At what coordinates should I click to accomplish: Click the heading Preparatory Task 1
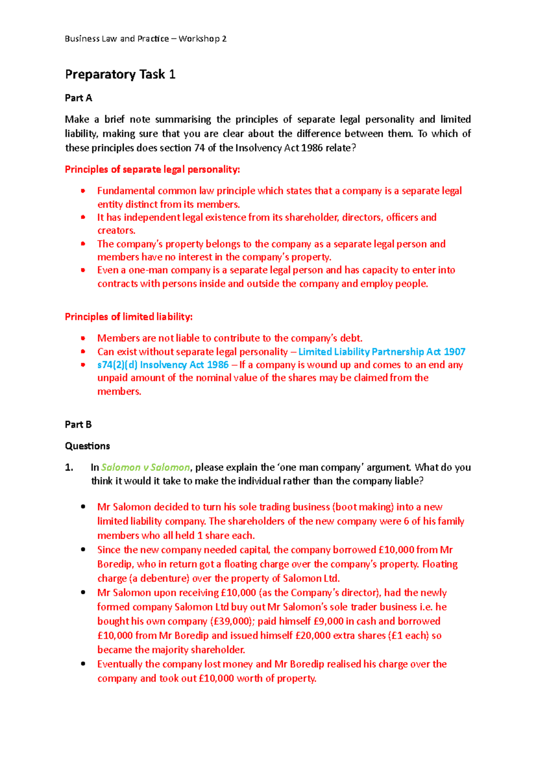pyautogui.click(x=120, y=74)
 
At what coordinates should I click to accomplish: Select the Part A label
pyautogui.click(x=78, y=98)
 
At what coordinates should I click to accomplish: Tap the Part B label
pyautogui.click(x=78, y=424)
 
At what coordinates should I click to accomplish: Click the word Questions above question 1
pyautogui.click(x=87, y=446)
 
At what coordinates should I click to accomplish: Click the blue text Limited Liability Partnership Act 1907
pyautogui.click(x=382, y=352)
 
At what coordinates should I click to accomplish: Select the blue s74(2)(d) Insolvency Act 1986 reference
pyautogui.click(x=163, y=365)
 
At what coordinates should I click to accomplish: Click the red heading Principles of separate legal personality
pyautogui.click(x=152, y=169)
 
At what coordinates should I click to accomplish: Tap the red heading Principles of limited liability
pyautogui.click(x=129, y=317)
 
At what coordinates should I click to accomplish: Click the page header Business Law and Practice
pyautogui.click(x=117, y=39)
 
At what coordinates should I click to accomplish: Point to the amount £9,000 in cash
pyautogui.click(x=328, y=621)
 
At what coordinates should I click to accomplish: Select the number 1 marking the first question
pyautogui.click(x=68, y=468)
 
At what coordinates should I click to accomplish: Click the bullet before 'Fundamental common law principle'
pyautogui.click(x=83, y=191)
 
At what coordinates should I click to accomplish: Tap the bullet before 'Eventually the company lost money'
pyautogui.click(x=83, y=664)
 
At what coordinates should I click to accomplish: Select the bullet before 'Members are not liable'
pyautogui.click(x=83, y=338)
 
